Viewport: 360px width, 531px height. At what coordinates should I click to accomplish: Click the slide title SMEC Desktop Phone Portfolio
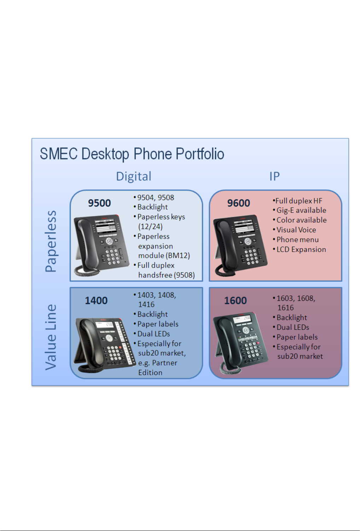coord(132,154)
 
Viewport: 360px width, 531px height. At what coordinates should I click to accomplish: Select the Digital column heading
coord(134,176)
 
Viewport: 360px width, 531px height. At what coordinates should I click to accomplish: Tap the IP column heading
coord(274,176)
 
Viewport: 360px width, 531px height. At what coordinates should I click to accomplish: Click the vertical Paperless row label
coord(51,241)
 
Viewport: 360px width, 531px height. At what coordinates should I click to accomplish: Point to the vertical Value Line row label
coord(51,337)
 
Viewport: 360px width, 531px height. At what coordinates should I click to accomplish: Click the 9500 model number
coord(99,203)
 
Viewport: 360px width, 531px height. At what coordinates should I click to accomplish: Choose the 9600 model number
coord(238,203)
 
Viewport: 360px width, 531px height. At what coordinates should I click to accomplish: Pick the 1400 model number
coord(96,301)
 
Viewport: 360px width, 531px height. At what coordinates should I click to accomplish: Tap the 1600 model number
coord(235,301)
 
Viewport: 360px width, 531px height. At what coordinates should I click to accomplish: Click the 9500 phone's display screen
coord(106,227)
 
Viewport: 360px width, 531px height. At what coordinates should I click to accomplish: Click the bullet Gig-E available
coord(301,210)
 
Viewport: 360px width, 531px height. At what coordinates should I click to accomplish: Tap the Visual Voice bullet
coord(296,230)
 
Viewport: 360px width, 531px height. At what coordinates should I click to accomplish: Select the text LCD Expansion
coord(301,250)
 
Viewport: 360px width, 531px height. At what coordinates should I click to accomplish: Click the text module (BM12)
coord(164,256)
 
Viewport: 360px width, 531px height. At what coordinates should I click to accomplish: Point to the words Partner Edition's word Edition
coord(150,373)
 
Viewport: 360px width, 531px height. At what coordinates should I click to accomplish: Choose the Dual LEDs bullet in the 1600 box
coord(293,327)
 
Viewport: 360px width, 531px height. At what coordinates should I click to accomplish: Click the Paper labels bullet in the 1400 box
coord(158,324)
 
